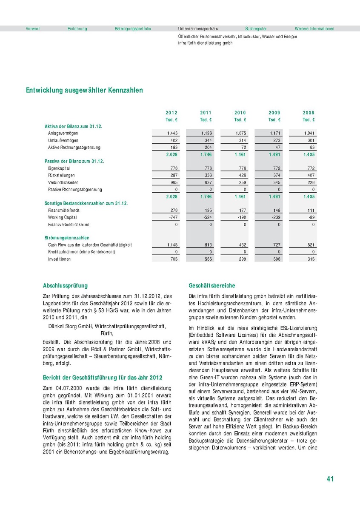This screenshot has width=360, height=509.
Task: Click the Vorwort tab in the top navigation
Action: tap(33, 29)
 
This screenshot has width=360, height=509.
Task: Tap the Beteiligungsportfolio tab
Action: tap(133, 29)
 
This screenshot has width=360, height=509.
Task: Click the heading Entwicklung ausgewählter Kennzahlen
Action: tap(84, 91)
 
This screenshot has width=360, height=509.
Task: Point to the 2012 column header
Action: tap(171, 113)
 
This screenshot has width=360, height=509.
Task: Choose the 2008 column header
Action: tap(309, 113)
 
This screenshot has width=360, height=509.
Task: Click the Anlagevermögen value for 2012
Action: tap(172, 134)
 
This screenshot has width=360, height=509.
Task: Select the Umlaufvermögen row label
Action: tap(63, 140)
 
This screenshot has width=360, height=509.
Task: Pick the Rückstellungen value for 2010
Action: tap(241, 176)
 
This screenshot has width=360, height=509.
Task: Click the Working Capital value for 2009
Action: tap(275, 217)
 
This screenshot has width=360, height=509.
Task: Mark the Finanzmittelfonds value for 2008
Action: tap(309, 210)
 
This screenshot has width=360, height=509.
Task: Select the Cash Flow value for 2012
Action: tap(171, 245)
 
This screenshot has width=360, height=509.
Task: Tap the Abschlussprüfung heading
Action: tap(66, 286)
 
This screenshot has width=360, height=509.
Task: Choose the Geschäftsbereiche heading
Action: tap(211, 286)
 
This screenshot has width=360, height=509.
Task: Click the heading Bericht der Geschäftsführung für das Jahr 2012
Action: tap(103, 378)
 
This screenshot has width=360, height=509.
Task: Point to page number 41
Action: tap(330, 479)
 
